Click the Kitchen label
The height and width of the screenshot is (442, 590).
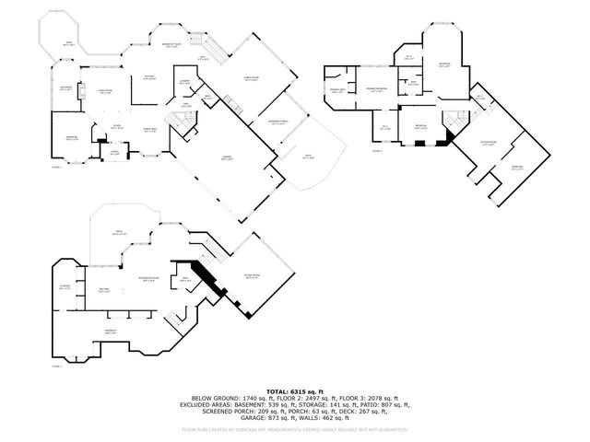pyautogui.click(x=148, y=77)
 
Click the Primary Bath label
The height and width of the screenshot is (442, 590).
pyautogui.click(x=336, y=90)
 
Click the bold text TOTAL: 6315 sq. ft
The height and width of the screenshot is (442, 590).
pyautogui.click(x=294, y=390)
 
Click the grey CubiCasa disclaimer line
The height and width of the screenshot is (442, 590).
pyautogui.click(x=294, y=429)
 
